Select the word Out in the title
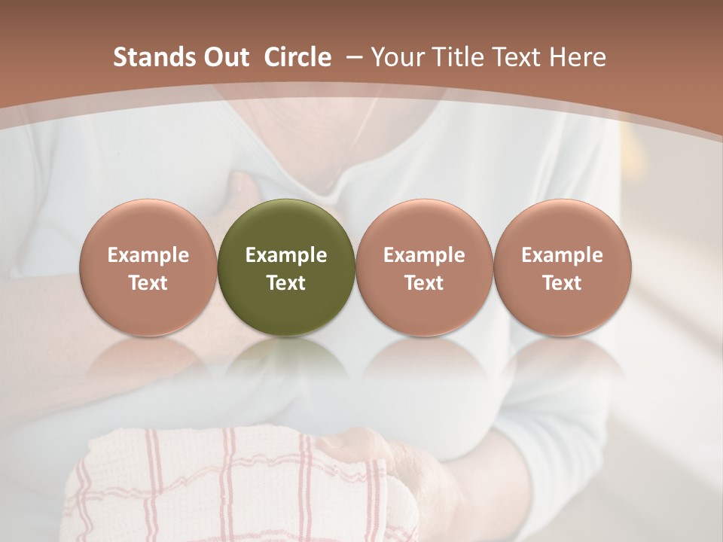(x=224, y=58)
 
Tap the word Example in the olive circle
(x=286, y=255)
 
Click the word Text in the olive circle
(x=286, y=283)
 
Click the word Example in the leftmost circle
(x=148, y=255)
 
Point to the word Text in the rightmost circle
(x=562, y=283)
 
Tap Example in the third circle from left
(x=424, y=255)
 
